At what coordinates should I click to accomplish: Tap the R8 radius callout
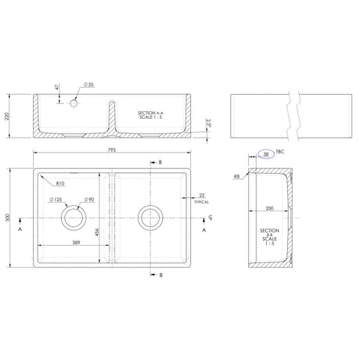point(236,177)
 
